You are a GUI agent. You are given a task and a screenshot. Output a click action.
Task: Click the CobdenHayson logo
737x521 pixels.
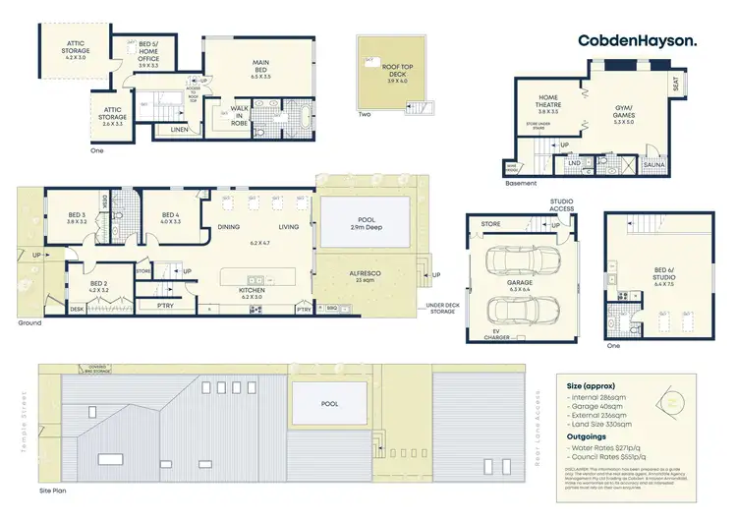point(638,40)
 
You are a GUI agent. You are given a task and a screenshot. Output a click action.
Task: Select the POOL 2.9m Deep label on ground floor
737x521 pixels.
point(366,223)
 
